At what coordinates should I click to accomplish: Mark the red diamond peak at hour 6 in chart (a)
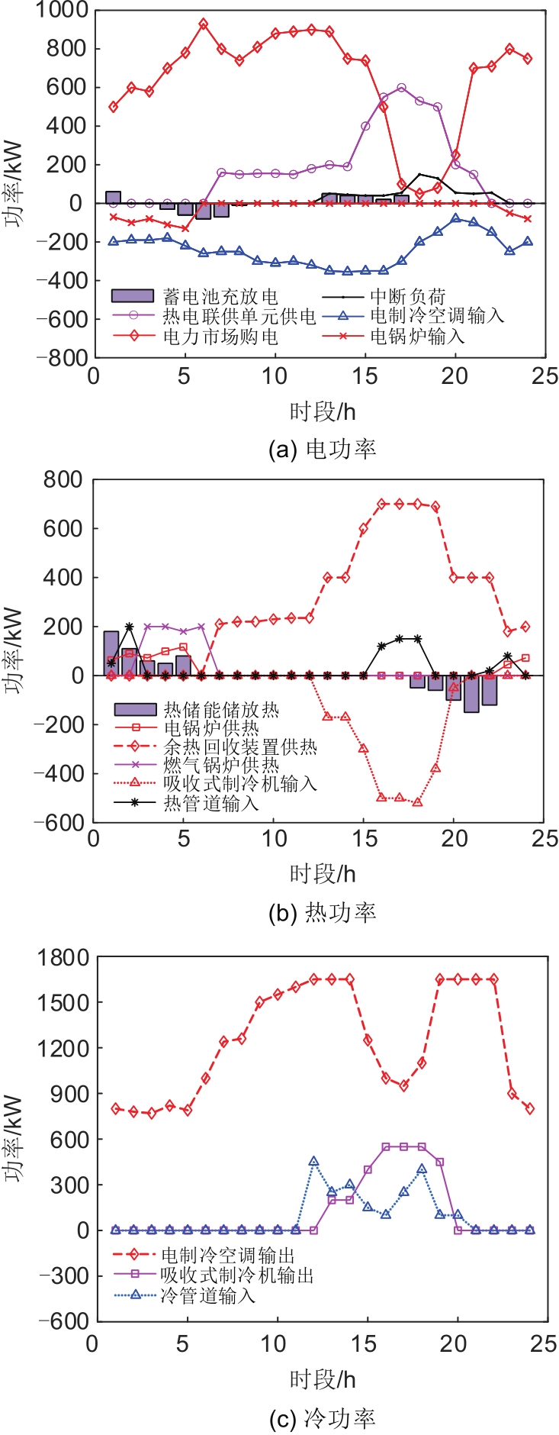(203, 24)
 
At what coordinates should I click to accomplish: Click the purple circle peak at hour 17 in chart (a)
(402, 88)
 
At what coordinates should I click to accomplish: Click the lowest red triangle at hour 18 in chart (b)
(417, 802)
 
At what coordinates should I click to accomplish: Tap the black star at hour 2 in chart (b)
(130, 627)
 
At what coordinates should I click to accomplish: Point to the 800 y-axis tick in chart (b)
(63, 479)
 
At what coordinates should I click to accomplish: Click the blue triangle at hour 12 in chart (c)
(313, 1162)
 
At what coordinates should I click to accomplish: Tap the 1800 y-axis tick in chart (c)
(63, 956)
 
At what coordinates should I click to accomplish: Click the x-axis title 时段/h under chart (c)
(323, 1379)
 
